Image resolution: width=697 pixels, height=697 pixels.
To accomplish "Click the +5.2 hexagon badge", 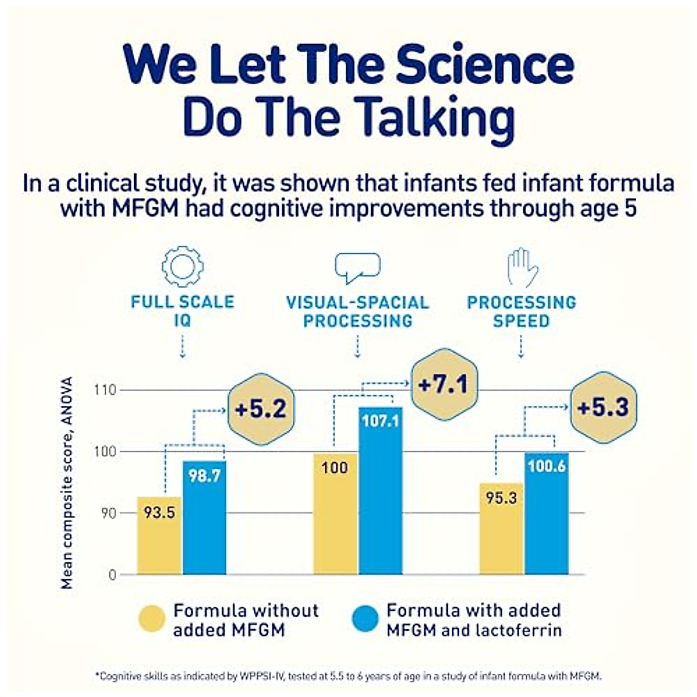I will click(261, 409).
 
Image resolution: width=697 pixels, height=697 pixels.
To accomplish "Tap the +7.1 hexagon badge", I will click(444, 385).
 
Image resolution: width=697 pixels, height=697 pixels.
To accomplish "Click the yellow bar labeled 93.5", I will click(159, 536).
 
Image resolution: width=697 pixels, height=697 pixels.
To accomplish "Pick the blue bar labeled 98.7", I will click(204, 517).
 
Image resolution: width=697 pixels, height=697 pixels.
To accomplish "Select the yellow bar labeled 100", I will click(335, 514).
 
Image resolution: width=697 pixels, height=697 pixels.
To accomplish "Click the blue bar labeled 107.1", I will click(380, 491).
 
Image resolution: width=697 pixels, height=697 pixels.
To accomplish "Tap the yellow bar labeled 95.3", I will click(501, 529).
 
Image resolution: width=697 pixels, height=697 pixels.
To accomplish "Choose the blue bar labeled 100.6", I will click(547, 513).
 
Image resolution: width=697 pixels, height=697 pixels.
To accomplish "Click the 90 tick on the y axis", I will click(107, 513).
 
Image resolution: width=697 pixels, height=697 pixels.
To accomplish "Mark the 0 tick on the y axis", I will click(112, 575).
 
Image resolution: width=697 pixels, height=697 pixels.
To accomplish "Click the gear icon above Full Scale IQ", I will click(182, 267).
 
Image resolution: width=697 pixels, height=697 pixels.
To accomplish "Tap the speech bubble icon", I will click(357, 268).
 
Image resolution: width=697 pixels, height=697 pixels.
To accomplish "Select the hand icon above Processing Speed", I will click(522, 267).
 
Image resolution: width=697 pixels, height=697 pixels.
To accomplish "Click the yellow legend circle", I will click(153, 620).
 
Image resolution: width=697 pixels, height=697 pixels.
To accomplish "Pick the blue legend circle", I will click(365, 620).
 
